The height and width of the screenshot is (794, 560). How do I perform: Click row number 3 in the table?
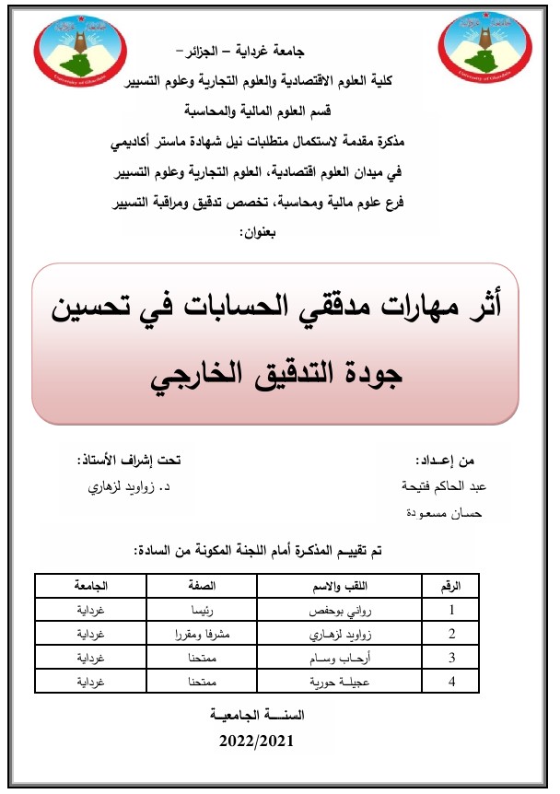pos(451,659)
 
